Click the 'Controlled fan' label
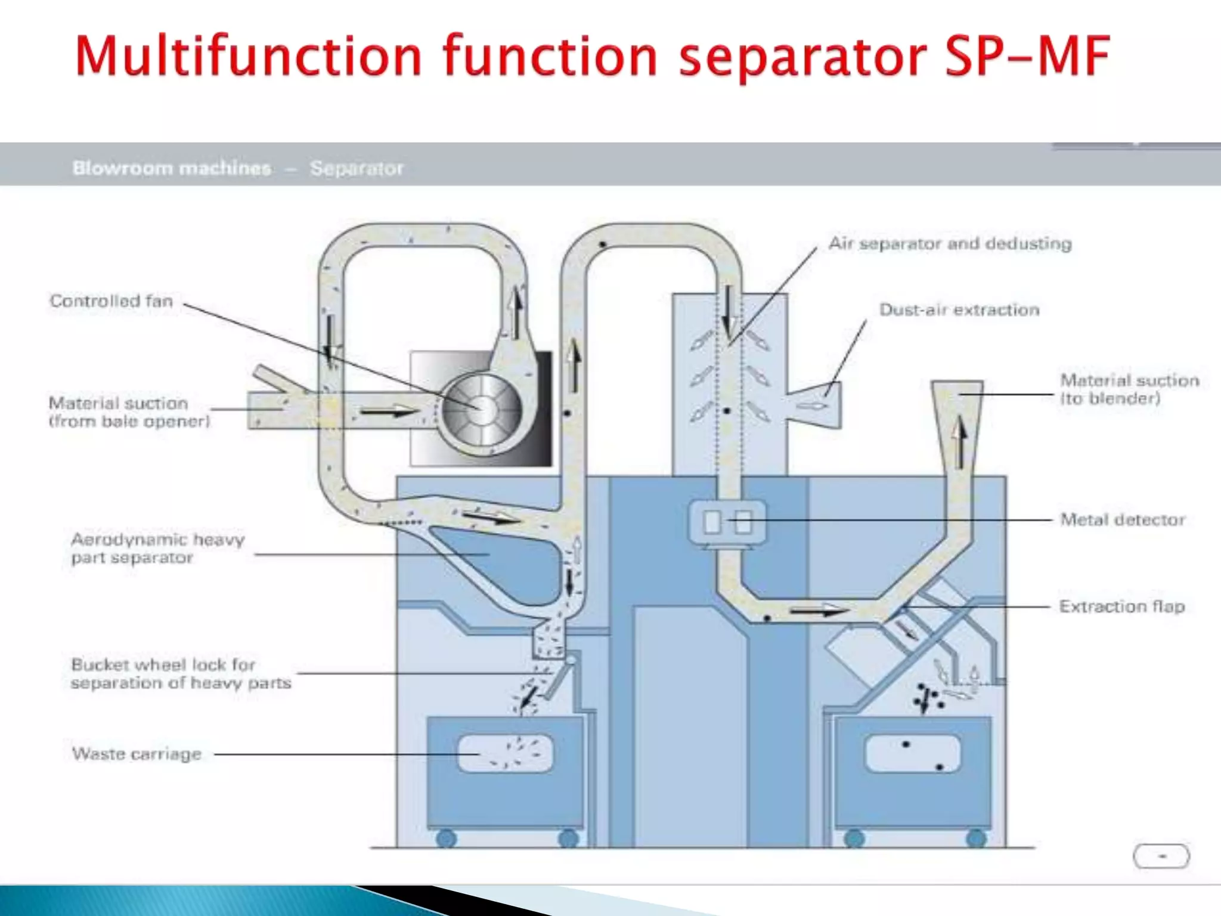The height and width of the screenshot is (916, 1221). click(x=111, y=301)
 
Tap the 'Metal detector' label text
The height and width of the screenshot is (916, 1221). click(x=1123, y=519)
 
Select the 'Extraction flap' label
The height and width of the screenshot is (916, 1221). click(x=1121, y=606)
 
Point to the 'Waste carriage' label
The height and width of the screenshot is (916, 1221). click(x=137, y=754)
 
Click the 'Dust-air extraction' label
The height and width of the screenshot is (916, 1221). click(x=959, y=310)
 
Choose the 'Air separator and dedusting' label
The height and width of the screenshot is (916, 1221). click(x=950, y=243)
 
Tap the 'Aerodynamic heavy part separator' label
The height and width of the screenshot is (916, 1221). click(x=157, y=548)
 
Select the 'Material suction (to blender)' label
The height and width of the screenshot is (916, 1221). click(x=1129, y=389)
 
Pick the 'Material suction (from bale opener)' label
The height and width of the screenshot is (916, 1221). click(x=129, y=412)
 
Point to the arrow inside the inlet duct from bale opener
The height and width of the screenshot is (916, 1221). click(x=389, y=411)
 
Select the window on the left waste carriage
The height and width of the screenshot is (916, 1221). click(x=506, y=753)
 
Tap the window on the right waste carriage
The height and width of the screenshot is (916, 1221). click(x=912, y=753)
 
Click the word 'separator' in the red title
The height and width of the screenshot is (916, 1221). click(x=802, y=57)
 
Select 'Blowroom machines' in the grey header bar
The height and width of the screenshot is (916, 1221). click(x=172, y=168)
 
